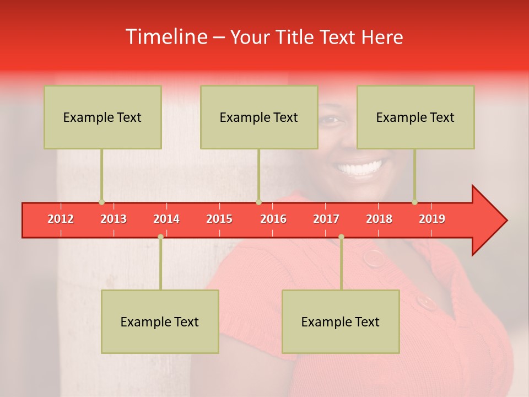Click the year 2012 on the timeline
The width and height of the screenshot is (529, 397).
(61, 219)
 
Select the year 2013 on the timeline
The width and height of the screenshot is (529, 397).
(114, 219)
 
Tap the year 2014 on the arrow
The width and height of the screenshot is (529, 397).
(166, 219)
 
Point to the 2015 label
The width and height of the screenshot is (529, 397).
(219, 219)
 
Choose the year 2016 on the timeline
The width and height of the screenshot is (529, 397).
(273, 219)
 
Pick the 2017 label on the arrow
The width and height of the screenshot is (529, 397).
(326, 219)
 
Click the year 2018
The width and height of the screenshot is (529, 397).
(379, 219)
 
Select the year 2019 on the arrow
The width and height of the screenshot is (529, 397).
(432, 219)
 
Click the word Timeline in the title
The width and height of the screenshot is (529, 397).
(166, 37)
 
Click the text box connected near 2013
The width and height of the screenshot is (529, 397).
(102, 117)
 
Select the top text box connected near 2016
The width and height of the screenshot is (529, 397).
(259, 117)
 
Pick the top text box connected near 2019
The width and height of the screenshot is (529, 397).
(415, 117)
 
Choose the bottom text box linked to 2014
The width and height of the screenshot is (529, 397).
(160, 321)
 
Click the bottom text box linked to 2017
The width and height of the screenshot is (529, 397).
(341, 321)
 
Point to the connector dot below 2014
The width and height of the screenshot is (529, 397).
(160, 237)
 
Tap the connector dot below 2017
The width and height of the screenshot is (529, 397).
(341, 237)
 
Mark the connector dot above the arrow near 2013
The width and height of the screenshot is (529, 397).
(101, 202)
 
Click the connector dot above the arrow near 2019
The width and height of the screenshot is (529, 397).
(414, 202)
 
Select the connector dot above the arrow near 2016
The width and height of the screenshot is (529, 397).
(258, 202)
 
